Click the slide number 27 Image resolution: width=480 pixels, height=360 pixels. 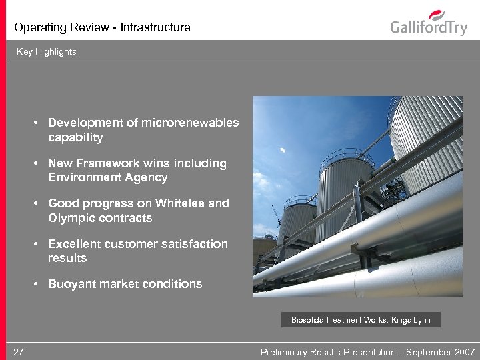click(19, 352)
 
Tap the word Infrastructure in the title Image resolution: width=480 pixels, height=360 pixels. click(157, 27)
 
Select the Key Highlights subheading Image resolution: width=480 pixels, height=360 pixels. click(47, 51)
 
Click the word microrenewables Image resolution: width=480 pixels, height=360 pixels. click(190, 123)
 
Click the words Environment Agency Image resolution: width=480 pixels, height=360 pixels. click(108, 177)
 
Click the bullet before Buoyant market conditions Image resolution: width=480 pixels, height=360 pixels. click(41, 284)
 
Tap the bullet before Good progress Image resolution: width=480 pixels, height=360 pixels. click(41, 203)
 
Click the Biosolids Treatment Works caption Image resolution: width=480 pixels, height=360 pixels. click(361, 320)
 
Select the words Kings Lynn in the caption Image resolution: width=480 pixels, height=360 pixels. click(414, 320)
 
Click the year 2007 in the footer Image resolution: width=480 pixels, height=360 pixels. click(464, 352)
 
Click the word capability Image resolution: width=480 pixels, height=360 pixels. click(75, 138)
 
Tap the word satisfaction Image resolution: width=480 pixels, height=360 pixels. click(191, 244)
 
